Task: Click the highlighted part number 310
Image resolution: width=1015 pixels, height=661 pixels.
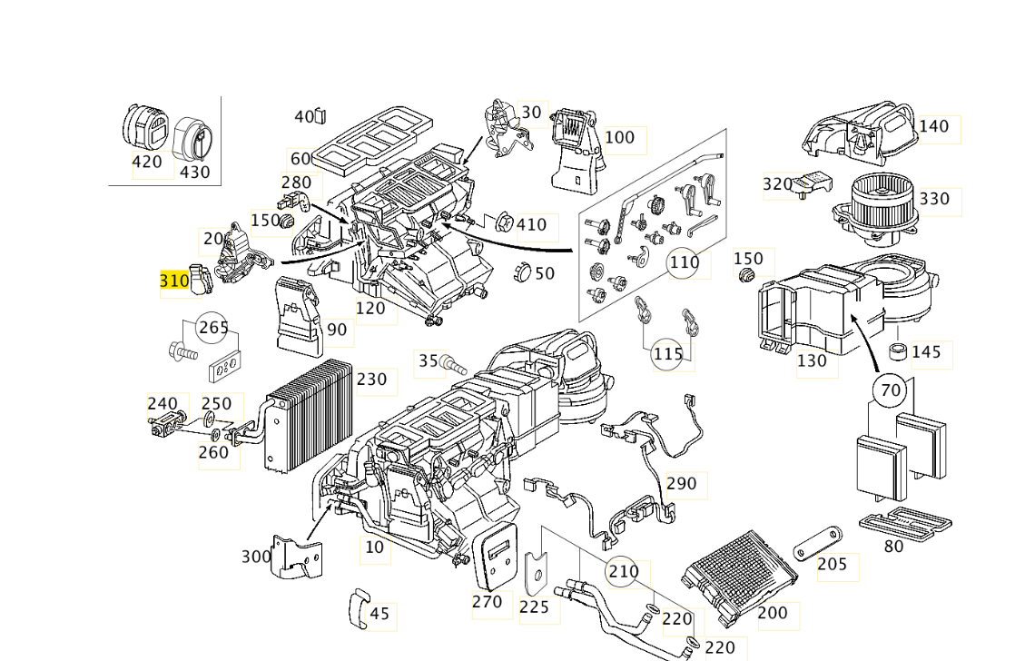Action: (x=174, y=281)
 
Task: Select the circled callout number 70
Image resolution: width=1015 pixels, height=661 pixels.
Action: (x=890, y=390)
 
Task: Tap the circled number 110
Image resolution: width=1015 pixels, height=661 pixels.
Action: (x=684, y=262)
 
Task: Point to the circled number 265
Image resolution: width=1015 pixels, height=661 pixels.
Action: (x=213, y=328)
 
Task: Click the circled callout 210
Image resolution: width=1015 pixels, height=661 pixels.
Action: (x=623, y=571)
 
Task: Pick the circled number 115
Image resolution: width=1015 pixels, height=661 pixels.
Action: (x=667, y=353)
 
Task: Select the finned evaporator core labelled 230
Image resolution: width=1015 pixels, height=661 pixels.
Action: (x=309, y=414)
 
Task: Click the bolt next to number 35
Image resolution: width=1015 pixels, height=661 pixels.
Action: (x=452, y=365)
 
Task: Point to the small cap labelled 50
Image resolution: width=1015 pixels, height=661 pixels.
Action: (x=522, y=271)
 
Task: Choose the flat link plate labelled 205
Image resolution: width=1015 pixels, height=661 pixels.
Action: (x=818, y=545)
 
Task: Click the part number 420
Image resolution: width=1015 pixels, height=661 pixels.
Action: (x=147, y=162)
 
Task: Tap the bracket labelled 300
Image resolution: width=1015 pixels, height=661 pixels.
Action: (x=298, y=557)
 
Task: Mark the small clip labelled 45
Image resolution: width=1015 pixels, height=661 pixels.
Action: (x=358, y=608)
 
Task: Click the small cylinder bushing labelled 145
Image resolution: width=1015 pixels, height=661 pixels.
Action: (x=898, y=351)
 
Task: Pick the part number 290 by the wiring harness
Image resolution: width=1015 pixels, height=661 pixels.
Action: (x=682, y=484)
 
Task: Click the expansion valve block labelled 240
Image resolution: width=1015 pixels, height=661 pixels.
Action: (x=167, y=423)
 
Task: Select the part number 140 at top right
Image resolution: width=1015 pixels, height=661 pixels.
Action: (x=934, y=126)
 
